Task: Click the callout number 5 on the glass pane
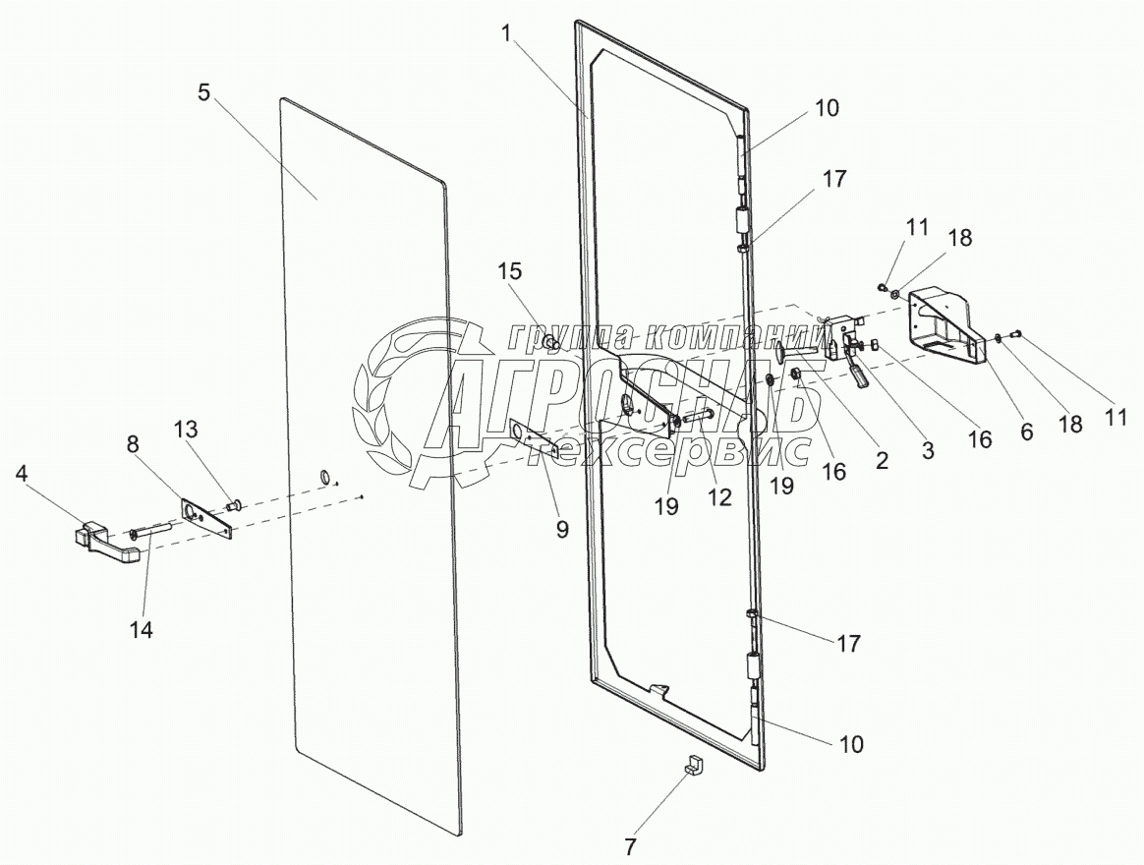tap(203, 93)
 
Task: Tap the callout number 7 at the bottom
tap(630, 844)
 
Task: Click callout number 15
tap(510, 272)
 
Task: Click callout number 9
tap(561, 528)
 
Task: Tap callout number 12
tap(719, 497)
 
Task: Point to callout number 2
tap(882, 459)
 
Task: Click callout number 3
tap(927, 449)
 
